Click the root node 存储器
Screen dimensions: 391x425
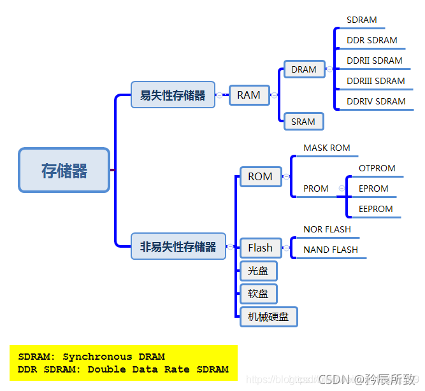(x=64, y=170)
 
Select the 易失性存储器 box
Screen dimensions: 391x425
(x=173, y=95)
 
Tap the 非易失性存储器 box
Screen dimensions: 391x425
(x=178, y=246)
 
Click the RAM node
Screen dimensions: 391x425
(x=249, y=95)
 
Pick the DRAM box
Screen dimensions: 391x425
(x=304, y=69)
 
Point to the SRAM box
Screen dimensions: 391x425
(x=303, y=121)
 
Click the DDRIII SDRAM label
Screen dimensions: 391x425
(x=375, y=81)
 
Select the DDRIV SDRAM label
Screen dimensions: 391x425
(x=376, y=101)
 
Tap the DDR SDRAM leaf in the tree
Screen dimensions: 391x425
(x=371, y=40)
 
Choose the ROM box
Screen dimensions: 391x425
(x=260, y=176)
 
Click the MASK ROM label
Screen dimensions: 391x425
(x=327, y=148)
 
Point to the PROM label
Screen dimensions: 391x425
(x=316, y=188)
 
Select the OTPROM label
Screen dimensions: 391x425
(x=377, y=168)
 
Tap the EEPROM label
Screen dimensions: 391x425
(x=375, y=209)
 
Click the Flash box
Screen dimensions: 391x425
(x=260, y=248)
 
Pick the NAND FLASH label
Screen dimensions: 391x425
(x=331, y=250)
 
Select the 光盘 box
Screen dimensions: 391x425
(x=258, y=272)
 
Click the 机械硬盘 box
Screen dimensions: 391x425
(x=268, y=316)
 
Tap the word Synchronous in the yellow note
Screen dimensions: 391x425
(x=97, y=357)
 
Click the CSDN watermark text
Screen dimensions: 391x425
(x=333, y=380)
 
